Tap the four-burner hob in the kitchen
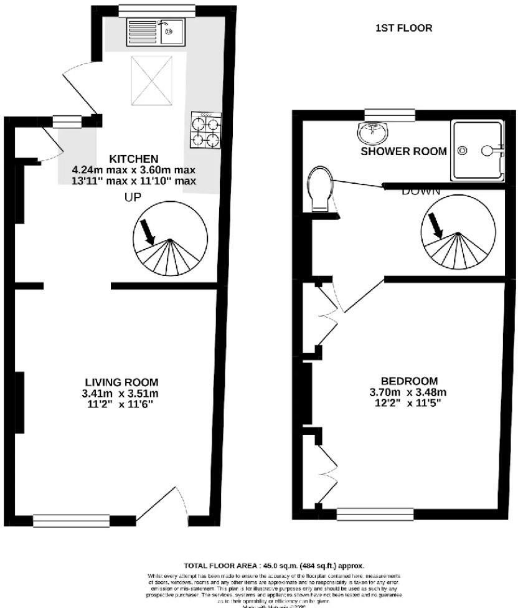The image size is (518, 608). tap(205, 131)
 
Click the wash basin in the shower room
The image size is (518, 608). tap(373, 132)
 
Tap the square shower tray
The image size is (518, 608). tap(478, 150)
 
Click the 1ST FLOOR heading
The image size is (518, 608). tap(403, 28)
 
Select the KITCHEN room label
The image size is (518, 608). tap(134, 158)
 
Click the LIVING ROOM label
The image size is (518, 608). tap(121, 382)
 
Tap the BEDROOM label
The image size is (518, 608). tap(409, 381)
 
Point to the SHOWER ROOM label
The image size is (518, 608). tap(403, 151)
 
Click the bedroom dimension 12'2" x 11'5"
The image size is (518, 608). tap(409, 403)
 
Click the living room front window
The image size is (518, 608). tap(72, 521)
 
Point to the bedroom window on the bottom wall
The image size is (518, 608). tap(375, 514)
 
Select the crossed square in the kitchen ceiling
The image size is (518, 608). tap(152, 80)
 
